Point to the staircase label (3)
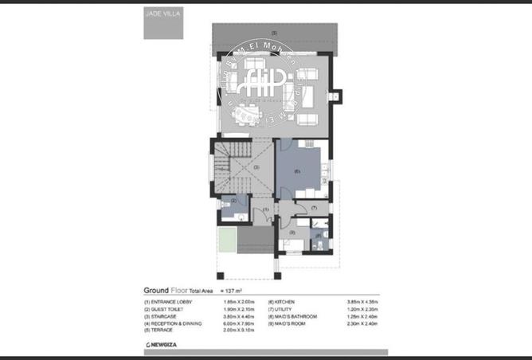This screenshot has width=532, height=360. tap(256, 167)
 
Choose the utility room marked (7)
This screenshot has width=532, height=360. tap(315, 207)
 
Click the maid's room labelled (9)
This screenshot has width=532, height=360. tap(292, 233)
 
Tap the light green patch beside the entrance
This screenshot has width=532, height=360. tap(226, 238)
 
